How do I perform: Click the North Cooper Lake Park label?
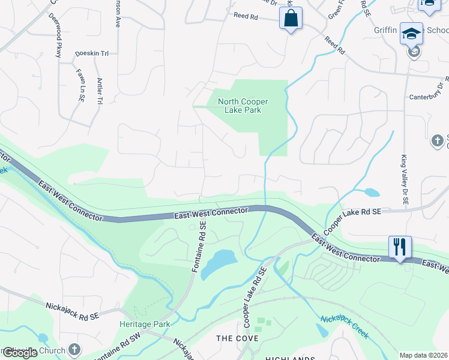[243, 106]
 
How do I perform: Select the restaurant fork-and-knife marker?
[400, 247]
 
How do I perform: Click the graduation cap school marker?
[411, 34]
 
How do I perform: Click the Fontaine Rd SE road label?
[200, 247]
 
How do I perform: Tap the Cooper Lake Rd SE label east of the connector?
[352, 221]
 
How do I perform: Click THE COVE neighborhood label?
[237, 338]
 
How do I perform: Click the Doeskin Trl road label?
[92, 53]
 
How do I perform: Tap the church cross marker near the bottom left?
[74, 349]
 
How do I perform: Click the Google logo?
[19, 353]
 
